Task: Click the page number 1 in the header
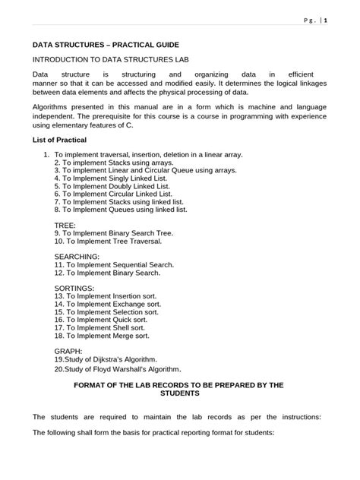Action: [326, 21]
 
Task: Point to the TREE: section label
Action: [65, 226]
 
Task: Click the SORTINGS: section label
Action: [74, 289]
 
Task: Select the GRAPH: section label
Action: [68, 350]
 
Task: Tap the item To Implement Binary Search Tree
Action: [125, 233]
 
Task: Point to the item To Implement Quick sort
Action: [107, 319]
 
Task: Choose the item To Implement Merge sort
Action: [107, 335]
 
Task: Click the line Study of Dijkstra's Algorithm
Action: [106, 358]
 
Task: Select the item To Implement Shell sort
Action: [106, 327]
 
